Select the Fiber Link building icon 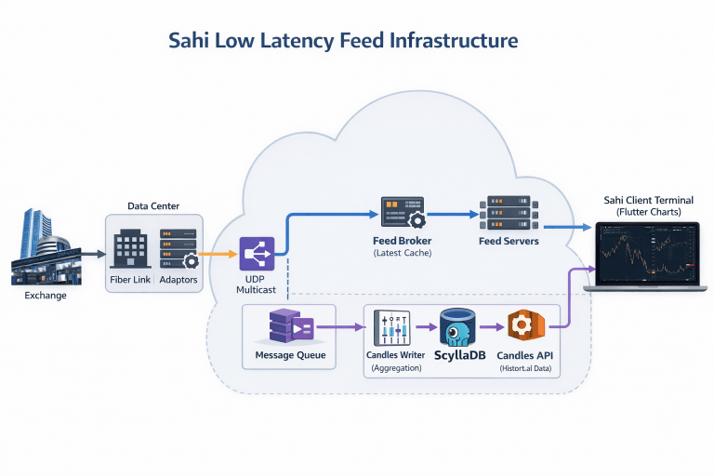131,249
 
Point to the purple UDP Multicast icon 257,254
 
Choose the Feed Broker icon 402,213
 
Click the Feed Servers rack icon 508,213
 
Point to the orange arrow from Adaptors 219,253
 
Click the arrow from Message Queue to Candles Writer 339,327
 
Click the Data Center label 153,205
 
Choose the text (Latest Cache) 402,253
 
